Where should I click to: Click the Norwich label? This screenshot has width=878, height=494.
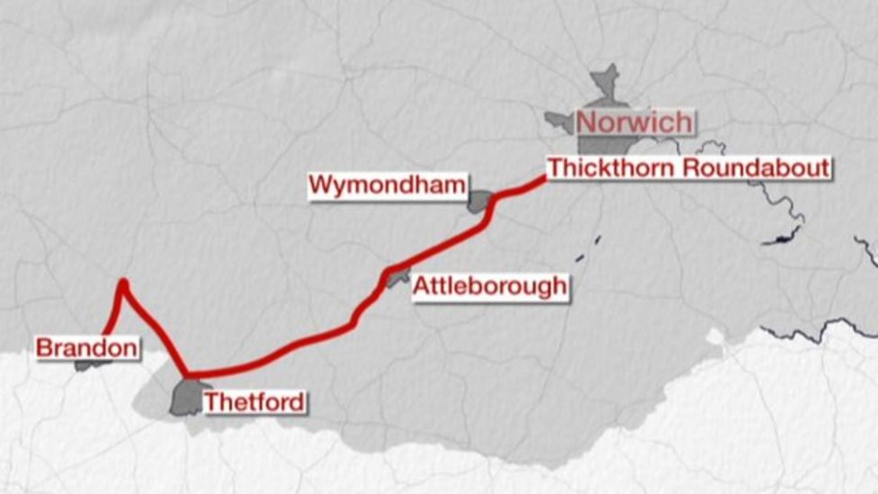635,122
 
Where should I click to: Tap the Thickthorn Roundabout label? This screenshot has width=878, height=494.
688,168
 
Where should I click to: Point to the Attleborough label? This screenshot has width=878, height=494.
490,287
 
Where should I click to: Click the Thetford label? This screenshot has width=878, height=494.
254,401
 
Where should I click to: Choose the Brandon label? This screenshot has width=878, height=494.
87,347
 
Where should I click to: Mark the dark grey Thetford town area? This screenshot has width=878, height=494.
185,398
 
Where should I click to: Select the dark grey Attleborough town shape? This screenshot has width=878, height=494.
397,280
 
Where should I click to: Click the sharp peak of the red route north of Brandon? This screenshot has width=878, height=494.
123,283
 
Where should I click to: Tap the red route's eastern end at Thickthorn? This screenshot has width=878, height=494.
543,179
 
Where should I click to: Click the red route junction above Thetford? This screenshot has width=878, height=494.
187,375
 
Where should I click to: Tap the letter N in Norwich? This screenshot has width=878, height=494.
587,122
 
